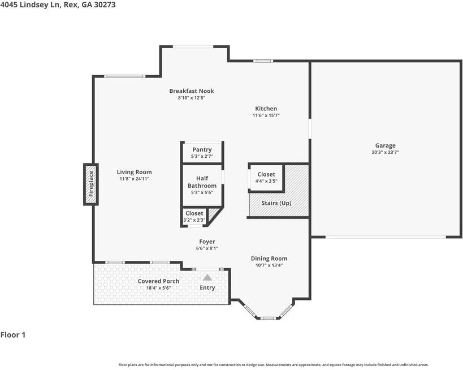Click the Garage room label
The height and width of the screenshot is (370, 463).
pos(385,145)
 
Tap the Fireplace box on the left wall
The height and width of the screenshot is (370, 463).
pos(90,184)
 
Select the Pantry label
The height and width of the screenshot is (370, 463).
pos(202,149)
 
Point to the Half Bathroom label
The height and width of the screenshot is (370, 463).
pos(202,182)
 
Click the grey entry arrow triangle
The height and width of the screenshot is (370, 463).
pos(207,277)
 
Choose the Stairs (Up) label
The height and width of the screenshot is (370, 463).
pos(276,203)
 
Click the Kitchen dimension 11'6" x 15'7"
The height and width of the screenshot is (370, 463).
pos(266,115)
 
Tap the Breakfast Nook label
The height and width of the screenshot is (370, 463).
pos(192,91)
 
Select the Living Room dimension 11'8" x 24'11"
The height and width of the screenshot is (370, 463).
pos(135,179)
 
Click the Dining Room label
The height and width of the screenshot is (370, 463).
pos(269,259)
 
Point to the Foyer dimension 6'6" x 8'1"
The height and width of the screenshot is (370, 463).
pos(207,248)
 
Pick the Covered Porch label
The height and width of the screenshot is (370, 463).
pos(158,281)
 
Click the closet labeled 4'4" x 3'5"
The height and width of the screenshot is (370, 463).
pos(266,178)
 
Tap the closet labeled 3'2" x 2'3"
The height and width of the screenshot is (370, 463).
pos(194,217)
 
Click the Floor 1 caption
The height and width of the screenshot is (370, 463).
pos(13,335)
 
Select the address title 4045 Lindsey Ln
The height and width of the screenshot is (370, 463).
pos(30,5)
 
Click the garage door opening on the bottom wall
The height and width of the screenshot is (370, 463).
pos(386,236)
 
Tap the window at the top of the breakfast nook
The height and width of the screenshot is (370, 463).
pos(193,46)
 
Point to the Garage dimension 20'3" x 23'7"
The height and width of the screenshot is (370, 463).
pos(386,152)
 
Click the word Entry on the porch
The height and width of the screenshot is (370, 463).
pos(207,287)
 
